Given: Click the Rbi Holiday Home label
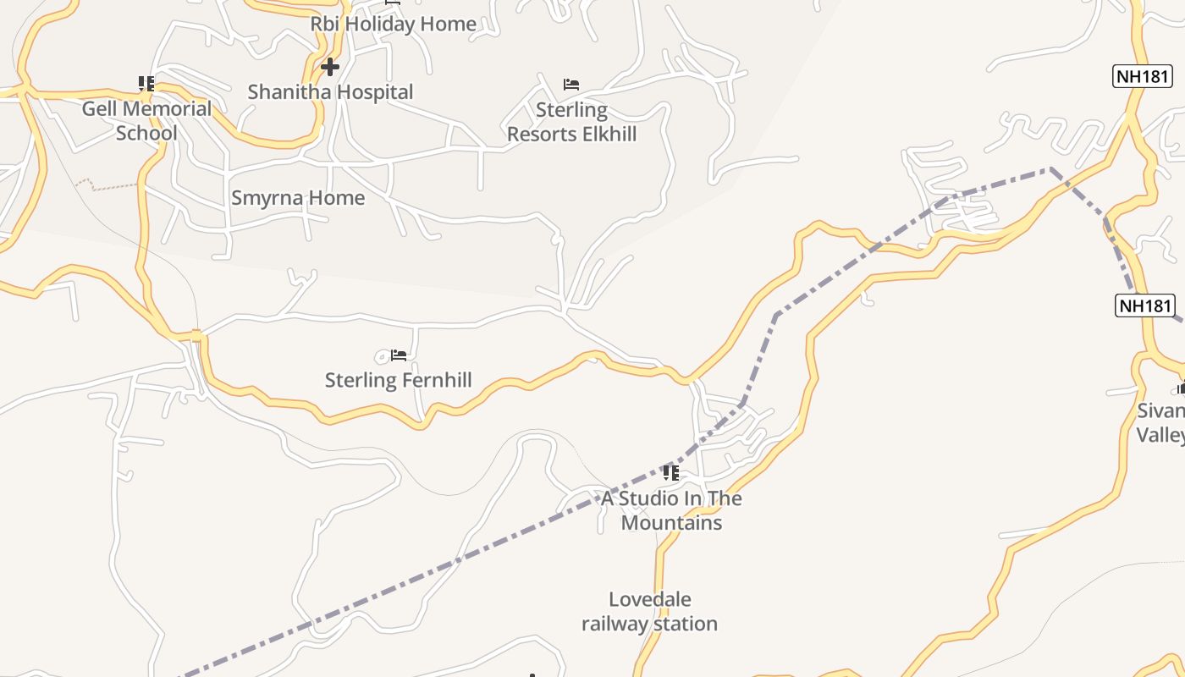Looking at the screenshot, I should (393, 24).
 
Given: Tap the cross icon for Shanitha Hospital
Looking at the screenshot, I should (330, 66).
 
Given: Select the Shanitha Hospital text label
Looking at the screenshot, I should (330, 92).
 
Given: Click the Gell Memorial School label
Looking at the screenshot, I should (146, 120).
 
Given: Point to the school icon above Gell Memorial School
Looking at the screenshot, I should (146, 84).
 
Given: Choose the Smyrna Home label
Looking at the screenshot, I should (298, 198).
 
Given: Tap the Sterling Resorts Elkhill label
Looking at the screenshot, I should (571, 122).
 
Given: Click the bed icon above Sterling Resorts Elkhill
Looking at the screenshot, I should (571, 85).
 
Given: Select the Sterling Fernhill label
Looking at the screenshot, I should (398, 380).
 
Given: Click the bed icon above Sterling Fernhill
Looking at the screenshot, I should (399, 355).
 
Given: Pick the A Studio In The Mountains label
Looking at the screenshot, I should (671, 510).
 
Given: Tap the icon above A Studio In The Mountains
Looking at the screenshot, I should (671, 472).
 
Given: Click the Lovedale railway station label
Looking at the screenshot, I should (649, 612).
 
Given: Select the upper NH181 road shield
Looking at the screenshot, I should (1143, 76).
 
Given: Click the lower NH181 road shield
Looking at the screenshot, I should (1144, 305).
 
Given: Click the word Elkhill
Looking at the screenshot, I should (604, 134).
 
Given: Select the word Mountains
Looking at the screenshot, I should (671, 523).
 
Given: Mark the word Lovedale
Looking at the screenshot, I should (649, 600).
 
